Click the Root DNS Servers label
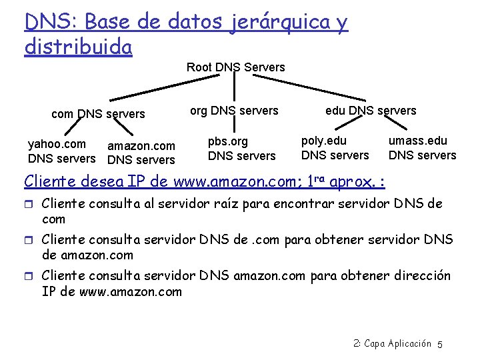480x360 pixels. click(235, 67)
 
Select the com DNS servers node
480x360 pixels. click(98, 114)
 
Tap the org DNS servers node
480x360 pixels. click(234, 111)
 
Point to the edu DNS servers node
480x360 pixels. click(371, 111)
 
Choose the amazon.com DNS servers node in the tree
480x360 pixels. click(141, 153)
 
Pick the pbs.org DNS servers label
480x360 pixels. click(241, 149)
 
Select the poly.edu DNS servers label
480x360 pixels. click(335, 148)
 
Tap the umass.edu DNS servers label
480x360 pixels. click(422, 148)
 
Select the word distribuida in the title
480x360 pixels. click(78, 47)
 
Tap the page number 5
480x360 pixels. click(440, 344)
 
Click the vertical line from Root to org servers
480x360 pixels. click(235, 88)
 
